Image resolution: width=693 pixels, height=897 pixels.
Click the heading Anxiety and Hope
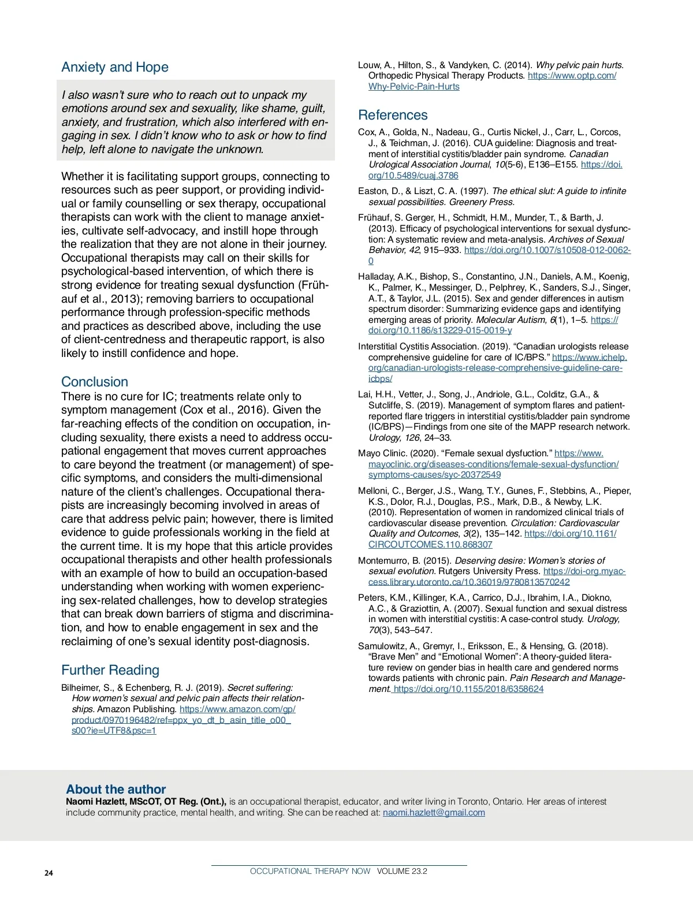click(115, 67)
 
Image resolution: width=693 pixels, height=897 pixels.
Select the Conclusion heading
click(95, 382)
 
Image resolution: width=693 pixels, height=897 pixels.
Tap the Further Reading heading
click(110, 670)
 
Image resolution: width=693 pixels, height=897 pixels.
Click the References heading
click(393, 115)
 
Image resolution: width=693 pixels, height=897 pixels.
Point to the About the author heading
click(115, 789)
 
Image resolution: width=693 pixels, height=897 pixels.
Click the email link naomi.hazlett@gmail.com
click(434, 813)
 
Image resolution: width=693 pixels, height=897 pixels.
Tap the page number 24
click(49, 873)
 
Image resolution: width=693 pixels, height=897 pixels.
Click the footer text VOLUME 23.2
click(402, 871)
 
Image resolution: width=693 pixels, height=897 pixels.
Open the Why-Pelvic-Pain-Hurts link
click(414, 87)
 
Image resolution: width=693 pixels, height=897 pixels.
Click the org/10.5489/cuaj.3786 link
click(413, 176)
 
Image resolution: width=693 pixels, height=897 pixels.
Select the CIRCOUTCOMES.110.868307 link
click(430, 545)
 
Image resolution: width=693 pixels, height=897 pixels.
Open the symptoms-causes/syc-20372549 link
click(434, 475)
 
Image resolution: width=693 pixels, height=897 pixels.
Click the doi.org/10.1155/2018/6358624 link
click(468, 689)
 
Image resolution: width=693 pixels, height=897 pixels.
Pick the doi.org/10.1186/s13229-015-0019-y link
click(440, 330)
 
